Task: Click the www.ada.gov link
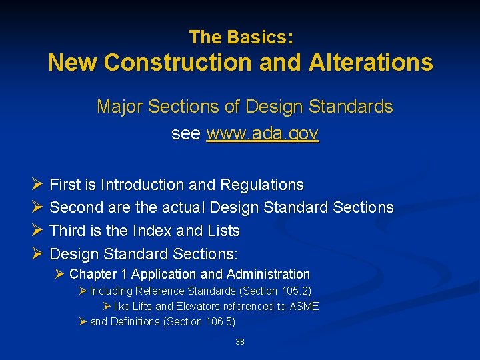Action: tap(263, 133)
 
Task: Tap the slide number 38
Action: tap(240, 342)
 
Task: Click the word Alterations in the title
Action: tap(371, 63)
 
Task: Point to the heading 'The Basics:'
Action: tap(241, 37)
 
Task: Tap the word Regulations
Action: tap(262, 185)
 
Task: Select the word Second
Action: tap(75, 207)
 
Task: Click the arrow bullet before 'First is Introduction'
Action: tap(37, 185)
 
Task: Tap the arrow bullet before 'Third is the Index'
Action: tap(37, 231)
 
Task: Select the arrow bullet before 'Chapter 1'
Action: tap(61, 274)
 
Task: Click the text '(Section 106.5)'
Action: tap(203, 321)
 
